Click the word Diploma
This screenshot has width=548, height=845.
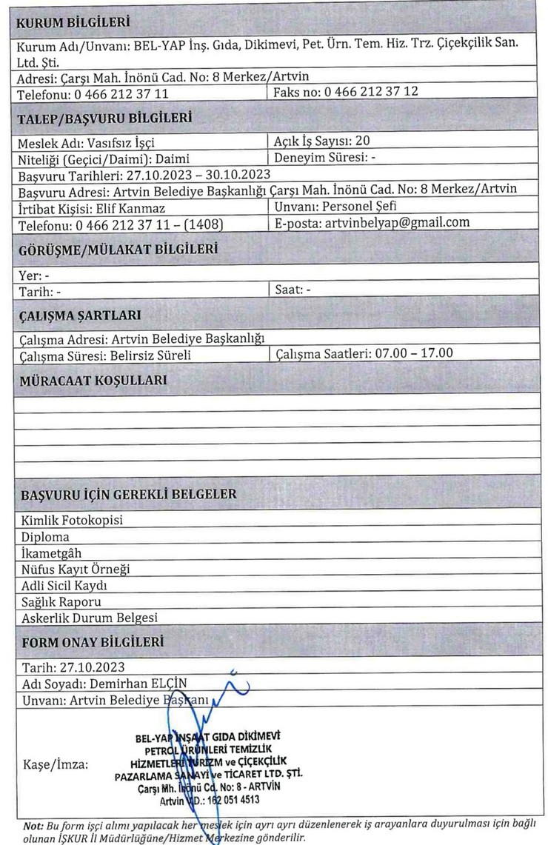[46, 536]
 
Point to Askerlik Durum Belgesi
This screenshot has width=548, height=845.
[90, 617]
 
